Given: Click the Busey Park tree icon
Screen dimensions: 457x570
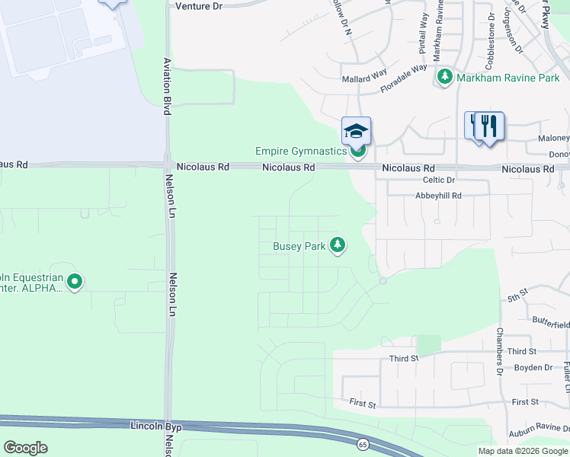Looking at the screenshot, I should point(338,245).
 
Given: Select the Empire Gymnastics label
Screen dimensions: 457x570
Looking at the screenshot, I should point(301,152).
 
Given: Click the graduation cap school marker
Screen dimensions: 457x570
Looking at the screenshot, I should point(356,131).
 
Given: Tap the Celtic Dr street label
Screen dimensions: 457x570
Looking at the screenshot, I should point(438,181).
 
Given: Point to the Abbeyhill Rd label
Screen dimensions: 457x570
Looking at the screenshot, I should point(438,196).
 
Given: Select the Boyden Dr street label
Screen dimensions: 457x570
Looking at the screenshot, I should point(533,367).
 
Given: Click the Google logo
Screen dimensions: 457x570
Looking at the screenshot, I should point(25,447).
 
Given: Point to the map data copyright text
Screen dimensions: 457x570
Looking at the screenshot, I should point(523,451).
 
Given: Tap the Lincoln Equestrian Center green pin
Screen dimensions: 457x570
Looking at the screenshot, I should point(75,283).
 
